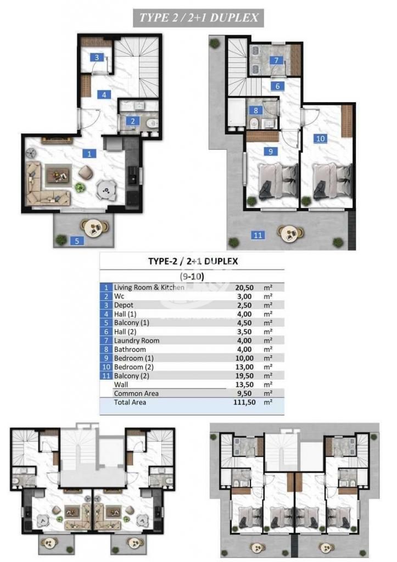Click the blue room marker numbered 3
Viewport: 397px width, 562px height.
point(97,57)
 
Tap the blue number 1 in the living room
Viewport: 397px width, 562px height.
point(89,154)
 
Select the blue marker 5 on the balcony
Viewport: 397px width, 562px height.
point(77,241)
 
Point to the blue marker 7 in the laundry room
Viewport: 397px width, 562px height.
point(276,60)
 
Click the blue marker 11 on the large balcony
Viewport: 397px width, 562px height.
point(258,235)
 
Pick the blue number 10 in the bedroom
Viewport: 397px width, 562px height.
point(321,138)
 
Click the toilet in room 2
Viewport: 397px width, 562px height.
point(153,123)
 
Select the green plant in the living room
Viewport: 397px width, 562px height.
point(79,187)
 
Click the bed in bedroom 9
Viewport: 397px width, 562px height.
point(278,180)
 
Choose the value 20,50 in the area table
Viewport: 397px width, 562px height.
point(244,288)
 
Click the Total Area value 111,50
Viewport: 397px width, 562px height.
point(244,402)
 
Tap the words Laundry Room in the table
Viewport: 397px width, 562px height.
point(137,340)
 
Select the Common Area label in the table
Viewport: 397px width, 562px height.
point(136,393)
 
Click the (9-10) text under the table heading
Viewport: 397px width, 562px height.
point(192,277)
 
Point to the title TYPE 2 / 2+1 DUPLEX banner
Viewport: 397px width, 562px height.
point(198,18)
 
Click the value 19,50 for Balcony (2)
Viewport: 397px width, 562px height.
point(244,375)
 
